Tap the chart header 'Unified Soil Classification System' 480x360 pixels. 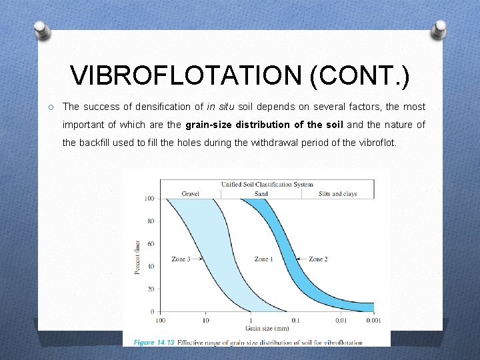pyautogui.click(x=267, y=185)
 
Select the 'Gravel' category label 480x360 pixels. pyautogui.click(x=190, y=194)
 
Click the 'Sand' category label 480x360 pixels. pyautogui.click(x=261, y=194)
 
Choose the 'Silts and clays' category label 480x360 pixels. pyautogui.click(x=337, y=194)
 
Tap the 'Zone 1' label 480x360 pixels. pyautogui.click(x=264, y=259)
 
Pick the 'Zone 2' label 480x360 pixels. pyautogui.click(x=319, y=259)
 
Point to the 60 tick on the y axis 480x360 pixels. pyautogui.click(x=150, y=244)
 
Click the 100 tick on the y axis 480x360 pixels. pyautogui.click(x=149, y=199)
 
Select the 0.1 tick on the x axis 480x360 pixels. pyautogui.click(x=295, y=321)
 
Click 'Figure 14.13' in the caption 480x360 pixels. pyautogui.click(x=154, y=343)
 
